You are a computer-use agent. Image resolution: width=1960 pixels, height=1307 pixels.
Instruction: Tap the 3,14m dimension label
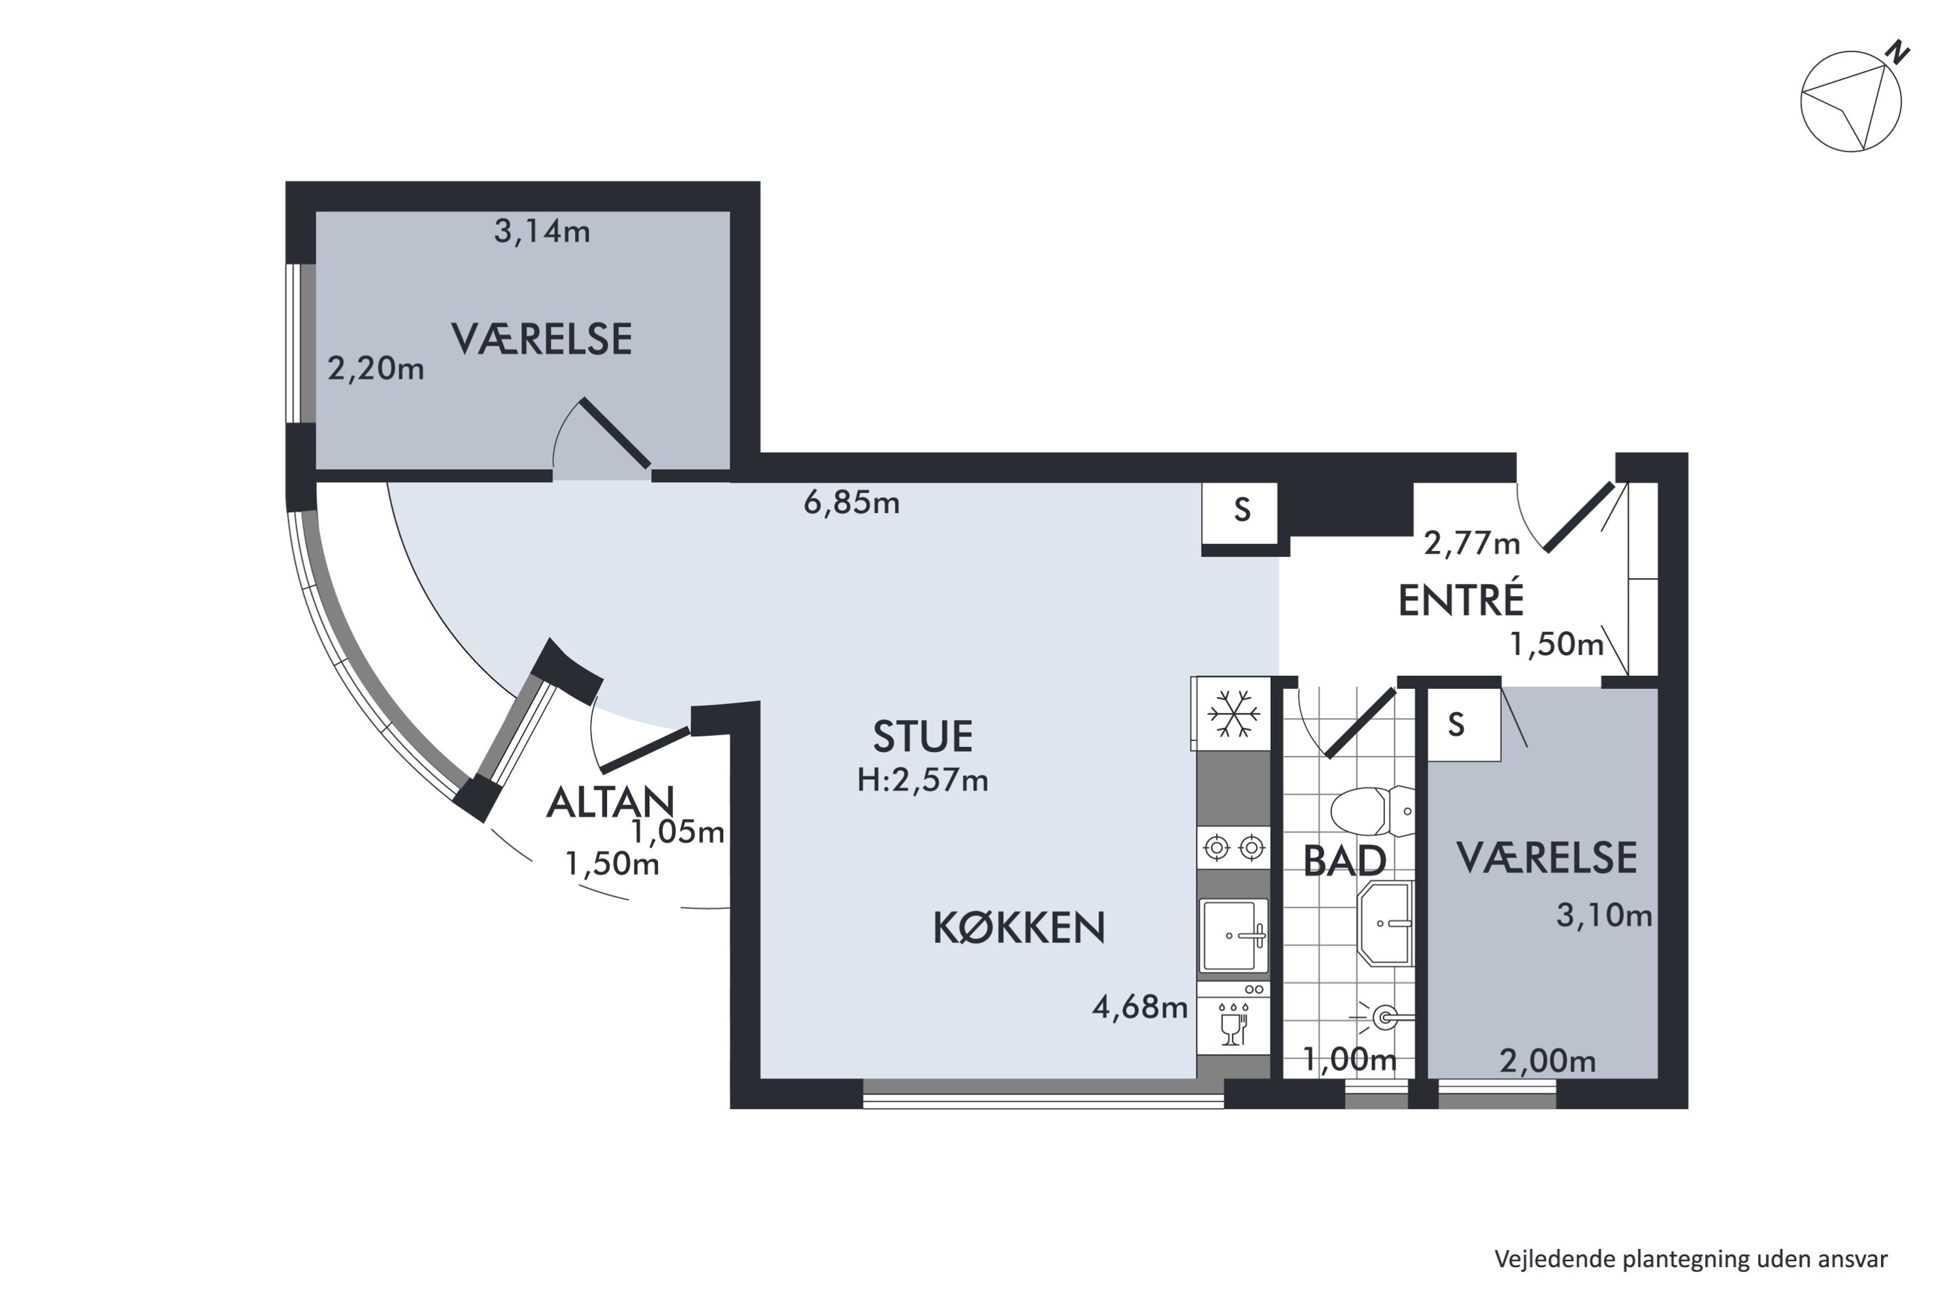542,231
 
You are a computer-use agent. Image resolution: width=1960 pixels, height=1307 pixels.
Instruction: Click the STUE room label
923,736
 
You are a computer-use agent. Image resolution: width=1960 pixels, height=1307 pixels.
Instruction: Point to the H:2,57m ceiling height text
923,780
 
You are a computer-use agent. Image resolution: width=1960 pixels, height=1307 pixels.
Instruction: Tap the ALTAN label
610,802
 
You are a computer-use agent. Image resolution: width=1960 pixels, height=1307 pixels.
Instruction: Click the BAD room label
1344,861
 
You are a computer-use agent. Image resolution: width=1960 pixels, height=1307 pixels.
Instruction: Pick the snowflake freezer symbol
1233,714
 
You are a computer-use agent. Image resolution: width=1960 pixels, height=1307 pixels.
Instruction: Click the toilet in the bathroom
1371,810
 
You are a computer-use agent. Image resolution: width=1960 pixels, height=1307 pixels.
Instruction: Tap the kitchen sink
1233,935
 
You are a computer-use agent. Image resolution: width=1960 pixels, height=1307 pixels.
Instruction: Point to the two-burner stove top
1233,848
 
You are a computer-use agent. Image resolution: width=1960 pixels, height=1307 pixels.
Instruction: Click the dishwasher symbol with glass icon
1233,1017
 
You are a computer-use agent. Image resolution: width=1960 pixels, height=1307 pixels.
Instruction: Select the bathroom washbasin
1385,923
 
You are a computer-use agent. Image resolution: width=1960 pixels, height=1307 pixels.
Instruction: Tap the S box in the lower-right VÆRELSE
1463,724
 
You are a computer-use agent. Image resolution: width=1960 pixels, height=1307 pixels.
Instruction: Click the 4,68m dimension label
1139,1008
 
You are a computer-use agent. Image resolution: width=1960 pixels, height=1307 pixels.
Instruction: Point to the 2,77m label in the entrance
1472,544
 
